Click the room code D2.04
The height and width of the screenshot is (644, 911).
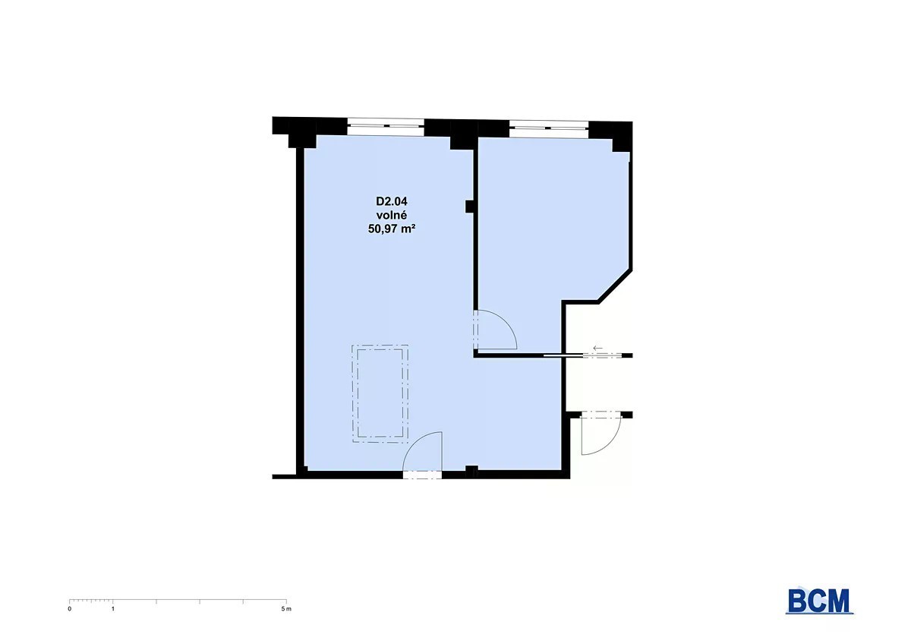(x=392, y=201)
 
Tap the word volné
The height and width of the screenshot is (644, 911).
(x=392, y=215)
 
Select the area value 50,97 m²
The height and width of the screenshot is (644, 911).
(x=392, y=229)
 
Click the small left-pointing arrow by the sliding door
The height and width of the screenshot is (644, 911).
(x=597, y=348)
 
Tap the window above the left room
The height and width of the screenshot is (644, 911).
(x=386, y=127)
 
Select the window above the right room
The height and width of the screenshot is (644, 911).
(x=548, y=128)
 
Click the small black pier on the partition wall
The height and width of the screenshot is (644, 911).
(x=470, y=207)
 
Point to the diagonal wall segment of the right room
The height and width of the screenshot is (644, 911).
(x=614, y=286)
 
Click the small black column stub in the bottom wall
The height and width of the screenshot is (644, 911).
(x=471, y=472)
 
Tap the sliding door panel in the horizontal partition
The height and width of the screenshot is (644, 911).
(x=563, y=355)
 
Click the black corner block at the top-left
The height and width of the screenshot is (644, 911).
(x=294, y=132)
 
